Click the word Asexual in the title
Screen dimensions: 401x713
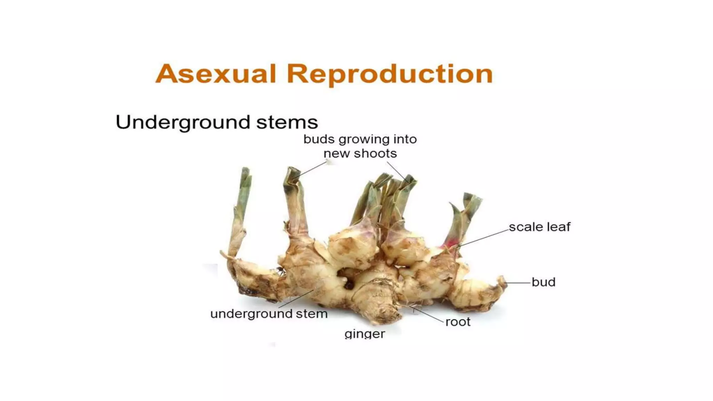tap(216, 74)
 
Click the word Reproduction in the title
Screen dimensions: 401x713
tap(390, 74)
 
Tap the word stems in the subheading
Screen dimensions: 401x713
tap(287, 123)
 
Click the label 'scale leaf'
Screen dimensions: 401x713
tap(539, 227)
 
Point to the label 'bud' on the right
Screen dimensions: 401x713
tap(543, 282)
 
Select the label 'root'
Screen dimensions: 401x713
tap(458, 322)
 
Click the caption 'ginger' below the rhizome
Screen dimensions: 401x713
tap(365, 334)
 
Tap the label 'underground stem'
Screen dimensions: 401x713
tap(269, 314)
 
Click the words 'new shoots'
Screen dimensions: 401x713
tap(360, 154)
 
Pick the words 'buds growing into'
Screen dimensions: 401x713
tap(360, 139)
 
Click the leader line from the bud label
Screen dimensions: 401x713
tap(518, 283)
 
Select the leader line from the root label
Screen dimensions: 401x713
tap(429, 314)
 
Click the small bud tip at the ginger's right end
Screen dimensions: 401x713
tap(502, 280)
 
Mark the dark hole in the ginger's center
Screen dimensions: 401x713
tap(348, 285)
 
